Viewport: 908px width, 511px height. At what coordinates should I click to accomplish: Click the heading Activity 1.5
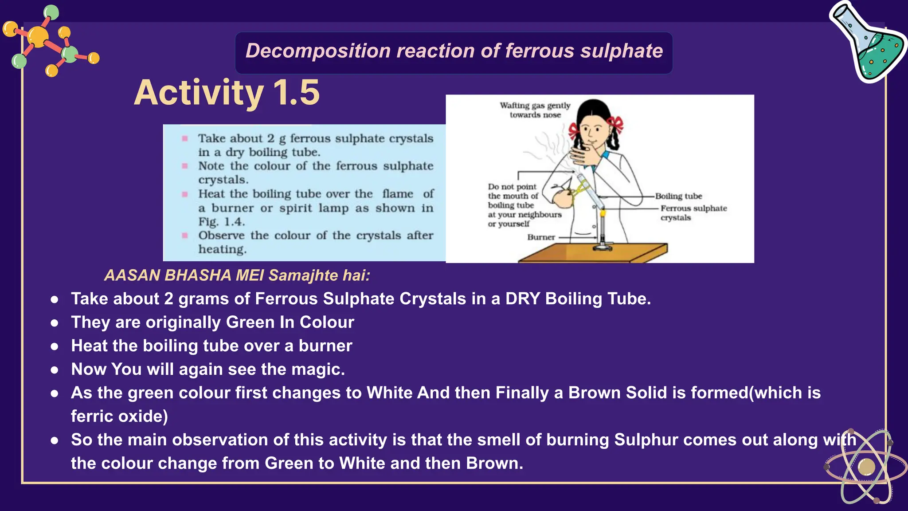(227, 93)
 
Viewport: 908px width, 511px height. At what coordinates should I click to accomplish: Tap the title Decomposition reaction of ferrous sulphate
(454, 51)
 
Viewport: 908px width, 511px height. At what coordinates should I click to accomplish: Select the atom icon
(865, 467)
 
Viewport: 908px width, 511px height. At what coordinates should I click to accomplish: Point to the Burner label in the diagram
(541, 237)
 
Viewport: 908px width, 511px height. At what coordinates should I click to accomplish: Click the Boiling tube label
(678, 196)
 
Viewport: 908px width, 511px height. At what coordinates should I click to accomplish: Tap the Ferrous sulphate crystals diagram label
(693, 213)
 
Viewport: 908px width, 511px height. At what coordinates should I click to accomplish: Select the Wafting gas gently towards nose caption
(535, 110)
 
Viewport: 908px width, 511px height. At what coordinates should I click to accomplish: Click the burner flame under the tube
(603, 213)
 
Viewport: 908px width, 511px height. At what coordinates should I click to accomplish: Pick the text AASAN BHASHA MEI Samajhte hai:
(237, 275)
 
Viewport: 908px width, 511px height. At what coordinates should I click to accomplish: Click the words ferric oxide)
(119, 417)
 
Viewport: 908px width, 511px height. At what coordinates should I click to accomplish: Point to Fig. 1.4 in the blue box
(221, 222)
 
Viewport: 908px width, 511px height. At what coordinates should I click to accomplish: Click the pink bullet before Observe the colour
(185, 236)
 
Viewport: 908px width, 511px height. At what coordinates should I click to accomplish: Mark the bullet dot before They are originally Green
(55, 323)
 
